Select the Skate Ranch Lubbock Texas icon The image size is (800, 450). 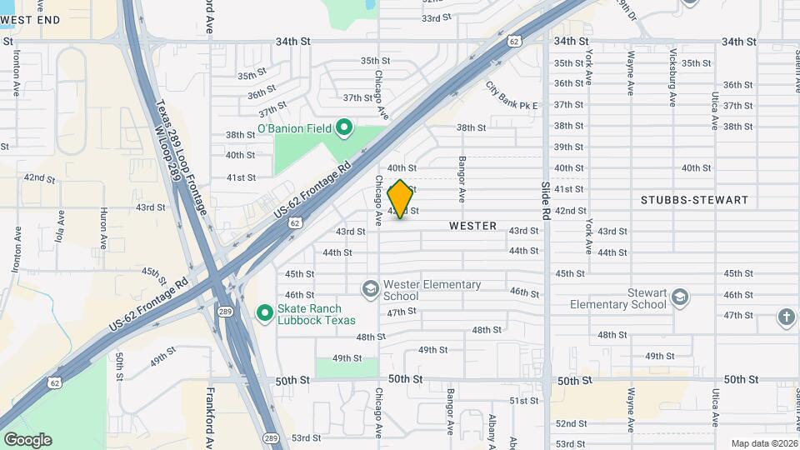click(265, 313)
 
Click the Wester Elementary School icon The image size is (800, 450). click(371, 289)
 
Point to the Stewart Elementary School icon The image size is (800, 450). click(680, 297)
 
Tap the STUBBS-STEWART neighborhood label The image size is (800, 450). click(694, 200)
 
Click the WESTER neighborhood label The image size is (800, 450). click(472, 226)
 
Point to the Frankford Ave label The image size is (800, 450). click(211, 417)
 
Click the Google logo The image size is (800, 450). click(27, 439)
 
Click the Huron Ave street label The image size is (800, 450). click(104, 229)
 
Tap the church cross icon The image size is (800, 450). click(785, 317)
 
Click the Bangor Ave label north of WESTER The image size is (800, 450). click(461, 182)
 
